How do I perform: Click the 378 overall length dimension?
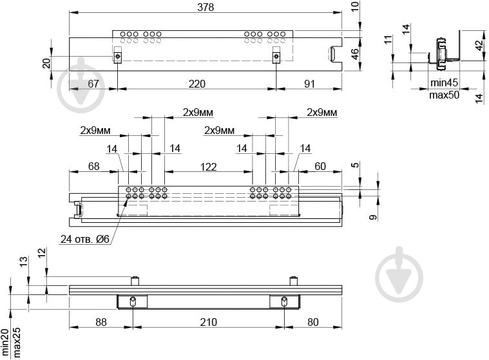pyautogui.click(x=206, y=7)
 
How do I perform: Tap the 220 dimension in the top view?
pyautogui.click(x=197, y=84)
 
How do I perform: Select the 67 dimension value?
pyautogui.click(x=93, y=84)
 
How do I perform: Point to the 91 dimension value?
pyautogui.click(x=309, y=84)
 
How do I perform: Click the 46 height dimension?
pyautogui.click(x=355, y=54)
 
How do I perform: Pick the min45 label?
pyautogui.click(x=444, y=82)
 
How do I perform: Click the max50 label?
pyautogui.click(x=444, y=95)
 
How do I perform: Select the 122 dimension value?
pyautogui.click(x=208, y=167)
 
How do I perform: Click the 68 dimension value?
pyautogui.click(x=93, y=166)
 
